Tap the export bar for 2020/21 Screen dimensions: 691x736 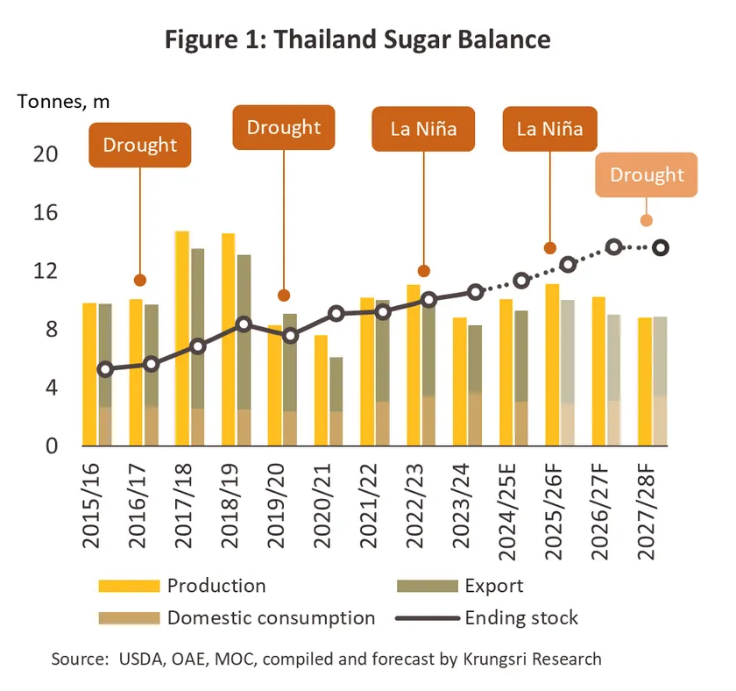(336, 386)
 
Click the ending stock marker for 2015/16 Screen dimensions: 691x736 (105, 370)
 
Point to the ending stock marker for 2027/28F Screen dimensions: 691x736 (661, 248)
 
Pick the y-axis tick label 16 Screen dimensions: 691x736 (46, 212)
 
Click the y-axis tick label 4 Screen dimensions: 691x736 (51, 387)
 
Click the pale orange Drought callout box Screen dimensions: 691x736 (647, 175)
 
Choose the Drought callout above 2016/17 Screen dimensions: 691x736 (139, 145)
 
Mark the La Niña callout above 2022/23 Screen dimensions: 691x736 (424, 130)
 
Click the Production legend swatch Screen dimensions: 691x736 (129, 586)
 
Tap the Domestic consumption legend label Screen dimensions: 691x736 (271, 617)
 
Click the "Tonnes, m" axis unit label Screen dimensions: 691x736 (63, 101)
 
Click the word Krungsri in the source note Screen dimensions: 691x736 (498, 658)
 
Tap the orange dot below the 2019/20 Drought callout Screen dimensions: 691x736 (283, 296)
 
